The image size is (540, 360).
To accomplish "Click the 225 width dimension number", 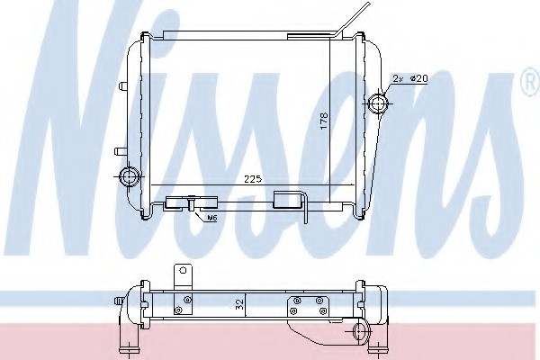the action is pos(253,179).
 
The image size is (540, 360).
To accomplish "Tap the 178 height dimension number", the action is pos(325,121).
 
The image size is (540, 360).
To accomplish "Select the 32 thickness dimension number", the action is pos(240,303).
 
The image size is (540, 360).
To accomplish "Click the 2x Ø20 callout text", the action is pos(410,79).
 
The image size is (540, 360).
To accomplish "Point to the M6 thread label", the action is pos(211,218).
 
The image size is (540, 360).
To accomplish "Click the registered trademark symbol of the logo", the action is pos(531,82).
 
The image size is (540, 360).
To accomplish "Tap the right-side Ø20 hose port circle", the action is pos(378,103).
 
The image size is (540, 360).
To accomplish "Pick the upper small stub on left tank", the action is pos(121,85).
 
